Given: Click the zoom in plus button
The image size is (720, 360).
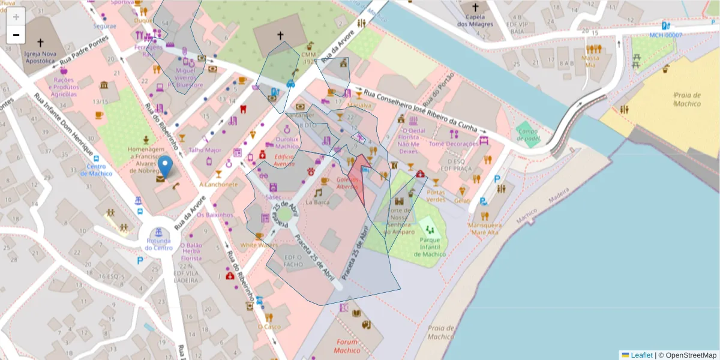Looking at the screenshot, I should [16, 17].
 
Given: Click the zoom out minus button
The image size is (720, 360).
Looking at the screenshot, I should [16, 35].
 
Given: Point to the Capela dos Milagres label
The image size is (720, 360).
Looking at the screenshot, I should [475, 21].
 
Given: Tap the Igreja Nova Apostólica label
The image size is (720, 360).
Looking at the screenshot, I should [40, 57].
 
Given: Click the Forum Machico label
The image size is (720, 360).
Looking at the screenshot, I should [347, 347].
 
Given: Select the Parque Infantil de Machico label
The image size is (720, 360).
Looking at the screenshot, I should [430, 246].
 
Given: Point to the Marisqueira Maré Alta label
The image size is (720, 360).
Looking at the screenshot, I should [485, 229].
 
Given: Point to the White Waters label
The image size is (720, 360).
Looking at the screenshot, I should [259, 245].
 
